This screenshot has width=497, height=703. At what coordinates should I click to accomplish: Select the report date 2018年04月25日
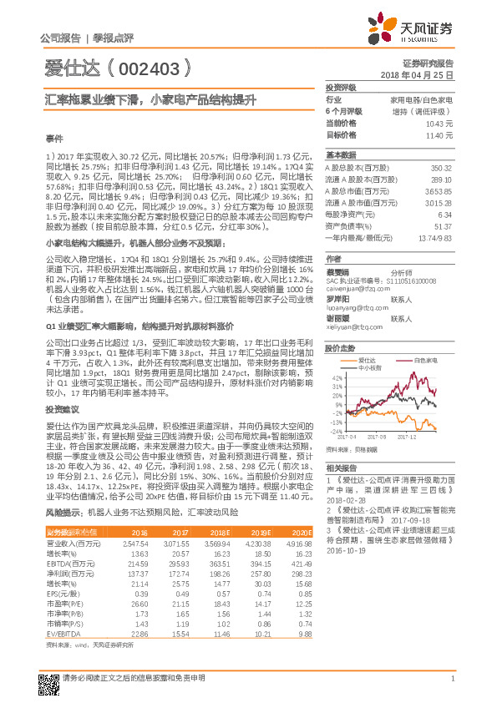pos(425,74)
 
